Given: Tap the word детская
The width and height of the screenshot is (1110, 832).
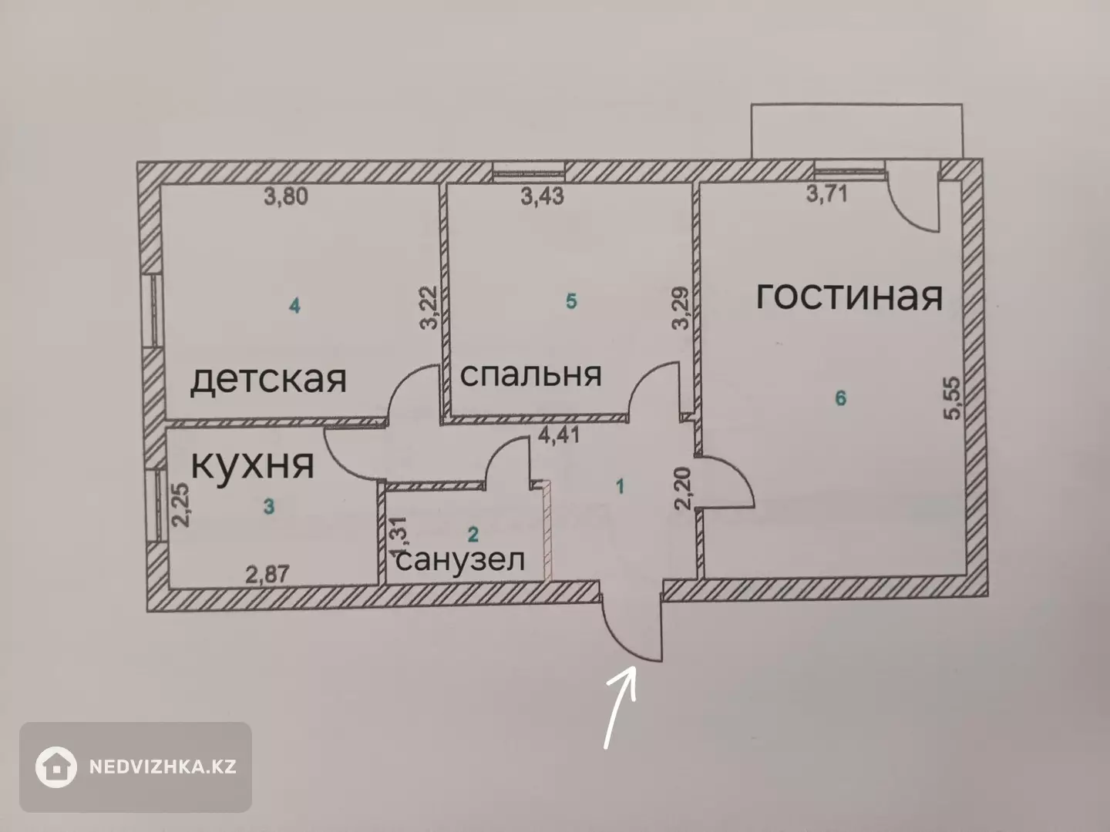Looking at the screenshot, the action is click(x=268, y=379).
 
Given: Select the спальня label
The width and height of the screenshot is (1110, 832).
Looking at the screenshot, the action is click(x=530, y=374).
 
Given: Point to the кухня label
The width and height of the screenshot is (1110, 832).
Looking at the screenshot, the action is click(x=252, y=465).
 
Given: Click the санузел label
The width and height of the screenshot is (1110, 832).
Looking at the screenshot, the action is click(x=459, y=560).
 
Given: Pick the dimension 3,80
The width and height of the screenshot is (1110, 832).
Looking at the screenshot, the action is click(x=286, y=196).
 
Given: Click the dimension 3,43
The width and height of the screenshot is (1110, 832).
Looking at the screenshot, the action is click(x=542, y=196).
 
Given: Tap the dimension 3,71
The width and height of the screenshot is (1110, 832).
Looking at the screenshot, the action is click(x=827, y=194).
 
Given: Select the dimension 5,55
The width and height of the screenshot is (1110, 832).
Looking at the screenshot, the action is click(x=951, y=398).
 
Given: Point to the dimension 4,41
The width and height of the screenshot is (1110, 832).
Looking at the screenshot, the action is click(x=558, y=435).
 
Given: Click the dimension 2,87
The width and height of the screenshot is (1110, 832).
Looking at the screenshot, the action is click(x=267, y=575).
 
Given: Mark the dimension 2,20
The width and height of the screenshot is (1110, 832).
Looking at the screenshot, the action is click(x=683, y=488).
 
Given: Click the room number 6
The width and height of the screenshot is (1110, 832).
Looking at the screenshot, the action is click(x=840, y=398).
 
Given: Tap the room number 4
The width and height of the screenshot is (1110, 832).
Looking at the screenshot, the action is click(x=294, y=306).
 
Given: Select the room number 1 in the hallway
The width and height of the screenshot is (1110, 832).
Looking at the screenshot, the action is click(x=621, y=486).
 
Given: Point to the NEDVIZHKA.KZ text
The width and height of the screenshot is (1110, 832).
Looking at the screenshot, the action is click(x=163, y=767).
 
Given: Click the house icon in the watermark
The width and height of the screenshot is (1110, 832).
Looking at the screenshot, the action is click(x=56, y=767).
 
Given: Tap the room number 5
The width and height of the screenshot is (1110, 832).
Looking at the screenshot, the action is click(x=571, y=301).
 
